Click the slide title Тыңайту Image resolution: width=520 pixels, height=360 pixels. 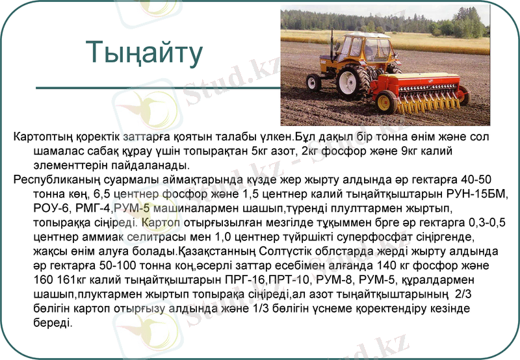point(144,52)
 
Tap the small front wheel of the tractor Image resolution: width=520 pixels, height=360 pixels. point(314,83)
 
